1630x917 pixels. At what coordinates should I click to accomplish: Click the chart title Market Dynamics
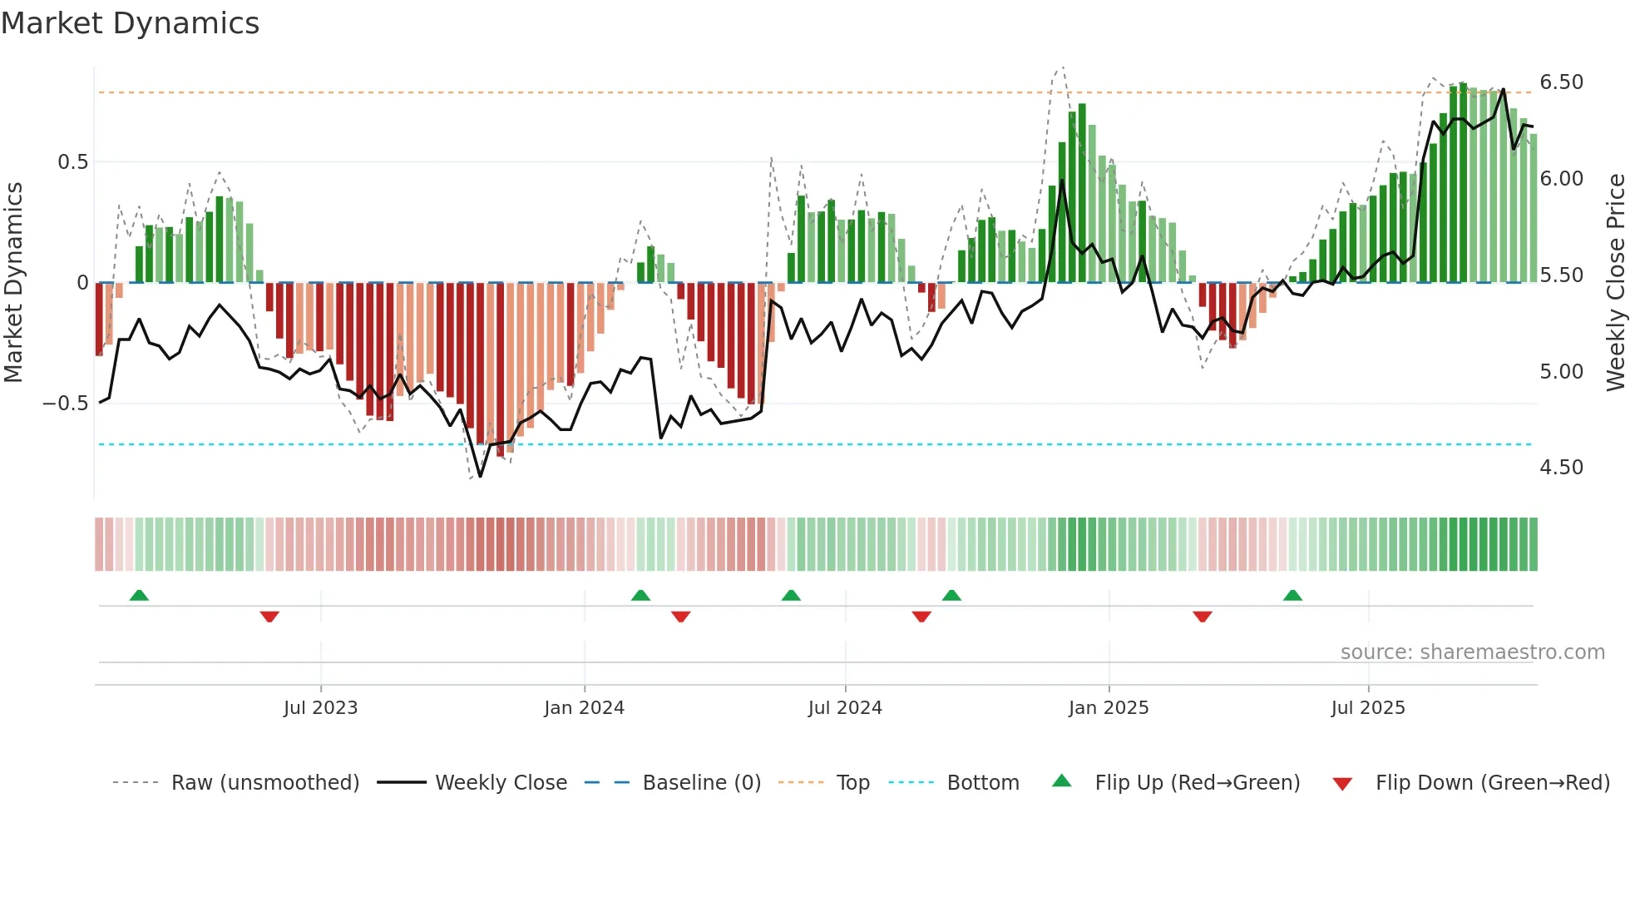point(130,23)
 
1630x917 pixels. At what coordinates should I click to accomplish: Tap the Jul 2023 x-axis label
point(320,708)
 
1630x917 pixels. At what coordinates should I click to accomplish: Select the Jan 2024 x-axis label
point(584,708)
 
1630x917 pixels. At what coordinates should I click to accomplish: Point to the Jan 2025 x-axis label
point(1109,708)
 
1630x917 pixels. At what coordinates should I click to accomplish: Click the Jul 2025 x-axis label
point(1368,708)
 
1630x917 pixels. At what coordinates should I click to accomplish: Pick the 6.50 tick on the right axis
point(1561,82)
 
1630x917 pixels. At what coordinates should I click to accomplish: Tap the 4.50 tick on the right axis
point(1561,468)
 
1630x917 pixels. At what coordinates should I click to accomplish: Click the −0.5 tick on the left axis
point(66,404)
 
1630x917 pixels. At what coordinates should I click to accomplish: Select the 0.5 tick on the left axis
point(72,162)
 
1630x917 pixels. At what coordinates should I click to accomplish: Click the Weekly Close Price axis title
point(1615,283)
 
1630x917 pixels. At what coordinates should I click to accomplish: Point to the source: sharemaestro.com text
point(1472,652)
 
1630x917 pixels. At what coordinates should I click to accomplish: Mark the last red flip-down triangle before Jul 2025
point(1203,617)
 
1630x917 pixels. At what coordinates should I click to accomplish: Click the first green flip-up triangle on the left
point(139,595)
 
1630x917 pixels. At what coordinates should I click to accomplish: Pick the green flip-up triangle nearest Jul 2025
point(1292,595)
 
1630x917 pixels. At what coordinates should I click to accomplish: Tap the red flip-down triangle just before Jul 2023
point(269,617)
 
